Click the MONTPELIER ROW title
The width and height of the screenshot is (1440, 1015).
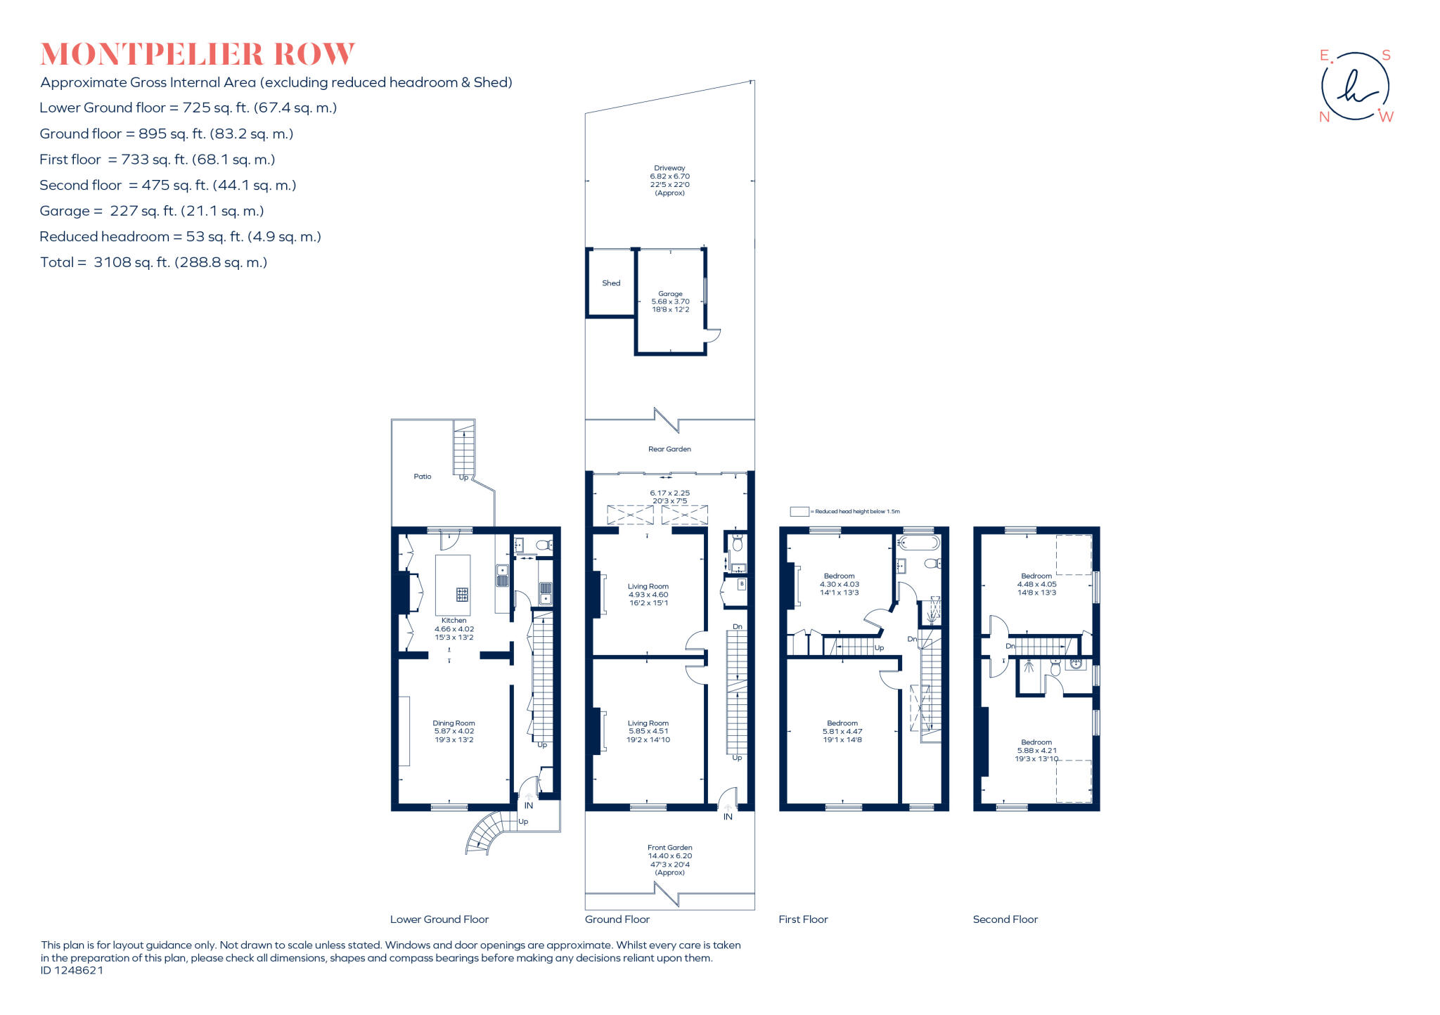(198, 54)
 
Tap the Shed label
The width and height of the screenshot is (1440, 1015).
(611, 283)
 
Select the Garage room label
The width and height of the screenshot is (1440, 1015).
(670, 295)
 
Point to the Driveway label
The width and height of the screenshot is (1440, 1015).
(669, 169)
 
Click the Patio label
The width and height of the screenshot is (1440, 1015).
(423, 477)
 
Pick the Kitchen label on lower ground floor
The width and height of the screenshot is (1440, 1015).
(454, 621)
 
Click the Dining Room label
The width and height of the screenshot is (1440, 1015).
(454, 723)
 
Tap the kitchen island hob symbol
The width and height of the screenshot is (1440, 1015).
(462, 595)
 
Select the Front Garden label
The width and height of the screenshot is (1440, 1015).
(670, 848)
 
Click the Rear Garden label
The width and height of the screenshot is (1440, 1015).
(669, 449)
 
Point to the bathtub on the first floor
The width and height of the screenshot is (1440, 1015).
(918, 543)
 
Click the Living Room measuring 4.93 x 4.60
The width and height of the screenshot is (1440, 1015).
(648, 594)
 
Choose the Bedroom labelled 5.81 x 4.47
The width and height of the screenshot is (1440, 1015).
(842, 731)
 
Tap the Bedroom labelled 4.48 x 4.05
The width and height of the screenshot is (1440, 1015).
(1036, 583)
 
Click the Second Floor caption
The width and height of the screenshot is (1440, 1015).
(1005, 919)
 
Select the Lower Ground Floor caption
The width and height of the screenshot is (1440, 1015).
(439, 919)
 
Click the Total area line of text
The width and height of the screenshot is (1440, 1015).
(154, 262)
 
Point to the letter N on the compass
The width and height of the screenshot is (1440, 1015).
(1324, 117)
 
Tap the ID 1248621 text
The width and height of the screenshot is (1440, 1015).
(72, 971)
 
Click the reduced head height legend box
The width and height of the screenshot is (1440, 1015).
(799, 512)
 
